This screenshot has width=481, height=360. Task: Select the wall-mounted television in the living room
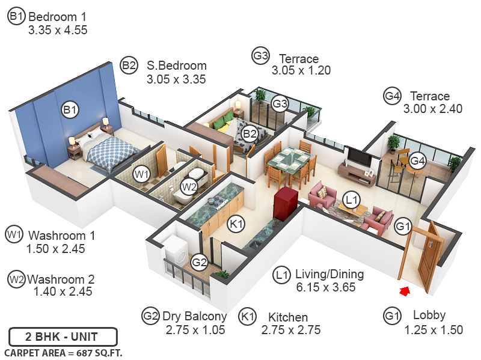click(360, 158)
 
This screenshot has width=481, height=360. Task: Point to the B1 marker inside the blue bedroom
click(70, 110)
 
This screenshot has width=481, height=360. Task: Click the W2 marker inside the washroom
click(189, 187)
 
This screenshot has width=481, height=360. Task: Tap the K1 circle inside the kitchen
click(237, 224)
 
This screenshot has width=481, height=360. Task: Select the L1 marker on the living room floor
click(351, 199)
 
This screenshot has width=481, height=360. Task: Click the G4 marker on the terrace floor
click(417, 161)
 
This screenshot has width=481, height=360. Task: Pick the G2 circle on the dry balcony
click(199, 262)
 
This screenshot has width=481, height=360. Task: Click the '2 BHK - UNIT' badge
click(63, 337)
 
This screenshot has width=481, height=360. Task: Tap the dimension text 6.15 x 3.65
click(326, 287)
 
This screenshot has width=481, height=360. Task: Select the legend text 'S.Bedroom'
click(176, 66)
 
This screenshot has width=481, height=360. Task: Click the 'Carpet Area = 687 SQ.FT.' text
click(63, 353)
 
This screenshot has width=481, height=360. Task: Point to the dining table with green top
click(290, 159)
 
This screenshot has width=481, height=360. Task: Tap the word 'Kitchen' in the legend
click(288, 317)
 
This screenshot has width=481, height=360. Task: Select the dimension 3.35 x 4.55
click(58, 29)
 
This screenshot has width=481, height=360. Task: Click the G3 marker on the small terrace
click(280, 103)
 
